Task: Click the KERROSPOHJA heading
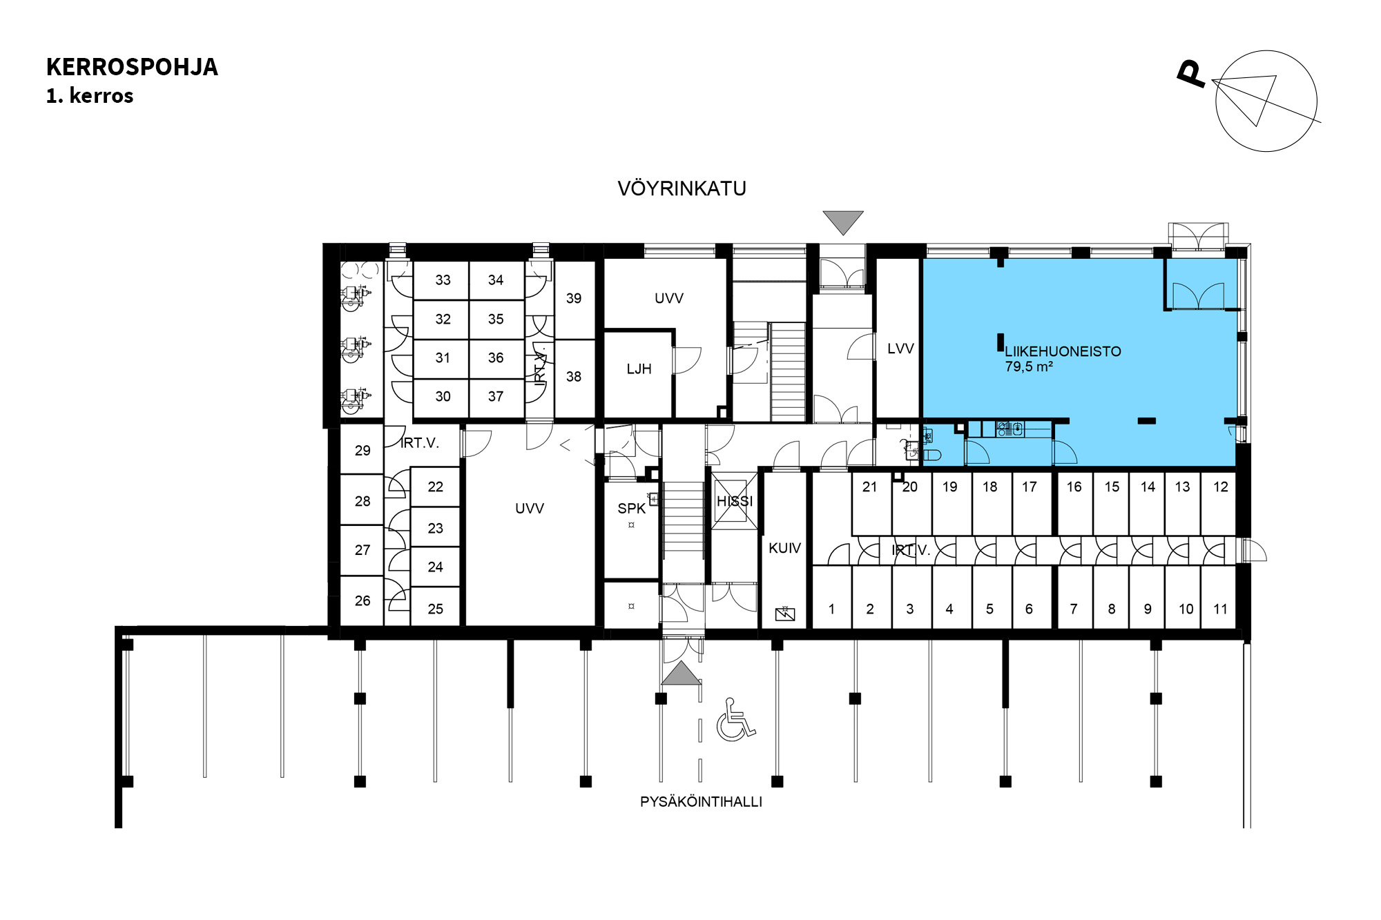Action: pos(132,67)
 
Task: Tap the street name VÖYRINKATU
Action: pos(682,188)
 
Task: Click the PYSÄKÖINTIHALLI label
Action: pos(701,802)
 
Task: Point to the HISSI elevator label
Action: pos(735,501)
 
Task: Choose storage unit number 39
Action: pos(574,298)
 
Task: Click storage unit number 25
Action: pos(435,609)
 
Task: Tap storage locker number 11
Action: pos(1221,609)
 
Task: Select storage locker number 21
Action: pos(869,487)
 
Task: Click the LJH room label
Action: pos(639,369)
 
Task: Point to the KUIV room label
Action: pos(784,548)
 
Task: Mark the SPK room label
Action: pos(631,509)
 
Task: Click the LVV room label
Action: pos(900,349)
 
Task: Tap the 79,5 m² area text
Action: pos(1029,366)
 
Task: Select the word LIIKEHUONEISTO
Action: pos(1063,351)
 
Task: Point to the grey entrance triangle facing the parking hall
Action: pos(682,674)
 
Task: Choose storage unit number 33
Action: pos(443,280)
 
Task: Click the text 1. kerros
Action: pos(90,96)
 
